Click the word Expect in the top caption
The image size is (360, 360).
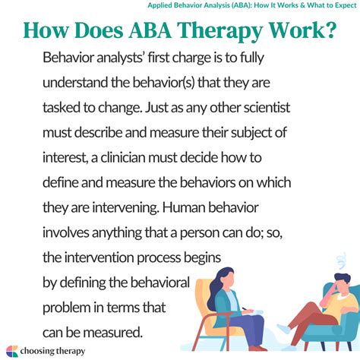click(x=339, y=6)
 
